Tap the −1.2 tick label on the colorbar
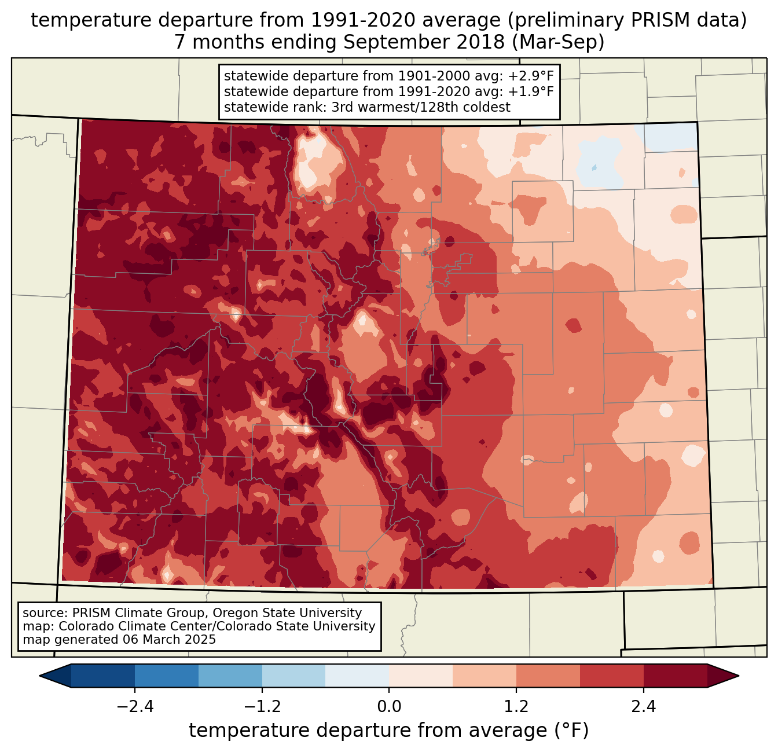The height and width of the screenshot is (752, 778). click(262, 707)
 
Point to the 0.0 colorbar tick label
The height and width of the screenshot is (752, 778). click(389, 707)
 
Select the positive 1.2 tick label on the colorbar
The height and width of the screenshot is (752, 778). click(516, 707)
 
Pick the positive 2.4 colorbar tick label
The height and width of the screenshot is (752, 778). click(644, 707)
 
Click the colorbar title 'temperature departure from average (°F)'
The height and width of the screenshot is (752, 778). click(389, 731)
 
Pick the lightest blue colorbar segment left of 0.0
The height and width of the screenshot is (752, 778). click(357, 676)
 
